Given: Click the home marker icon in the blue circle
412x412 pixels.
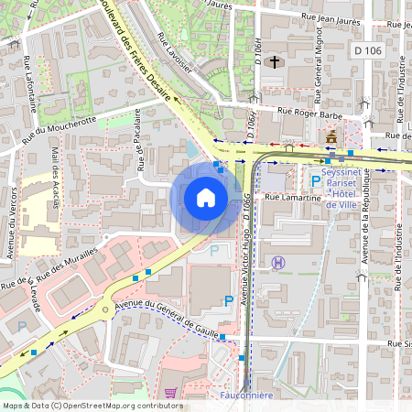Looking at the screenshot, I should pyautogui.click(x=206, y=197).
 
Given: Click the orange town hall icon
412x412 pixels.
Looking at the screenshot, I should pyautogui.click(x=331, y=136).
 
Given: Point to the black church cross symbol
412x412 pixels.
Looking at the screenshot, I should pyautogui.click(x=275, y=61).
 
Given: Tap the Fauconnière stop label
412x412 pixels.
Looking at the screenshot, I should pyautogui.click(x=248, y=396).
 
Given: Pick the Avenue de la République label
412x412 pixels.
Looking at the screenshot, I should pyautogui.click(x=364, y=229).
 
